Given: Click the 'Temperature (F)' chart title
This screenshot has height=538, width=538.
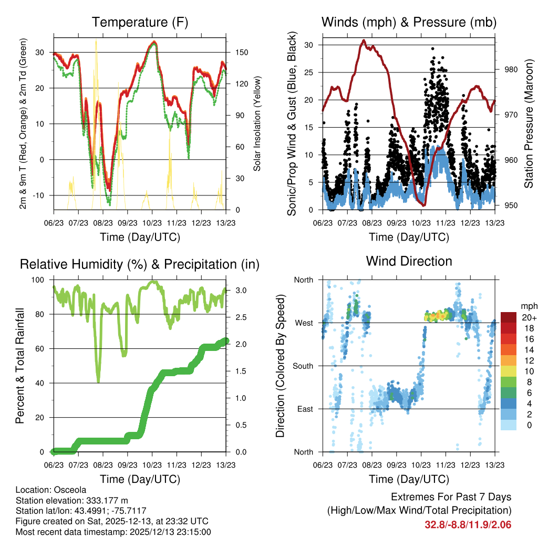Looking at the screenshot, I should [140, 22].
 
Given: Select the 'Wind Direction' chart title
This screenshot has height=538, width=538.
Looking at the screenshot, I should [409, 261].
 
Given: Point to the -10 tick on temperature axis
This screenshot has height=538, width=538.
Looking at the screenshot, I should [41, 195].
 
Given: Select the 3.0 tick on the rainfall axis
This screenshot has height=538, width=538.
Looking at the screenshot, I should [236, 290].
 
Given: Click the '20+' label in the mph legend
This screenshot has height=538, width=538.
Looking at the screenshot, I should [529, 317].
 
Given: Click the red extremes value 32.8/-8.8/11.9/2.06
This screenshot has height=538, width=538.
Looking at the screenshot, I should [468, 524].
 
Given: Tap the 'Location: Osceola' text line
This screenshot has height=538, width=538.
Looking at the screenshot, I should [51, 490].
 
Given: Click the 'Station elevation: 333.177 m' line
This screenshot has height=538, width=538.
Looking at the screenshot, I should [72, 500].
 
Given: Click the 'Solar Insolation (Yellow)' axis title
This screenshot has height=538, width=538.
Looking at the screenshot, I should [257, 123].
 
